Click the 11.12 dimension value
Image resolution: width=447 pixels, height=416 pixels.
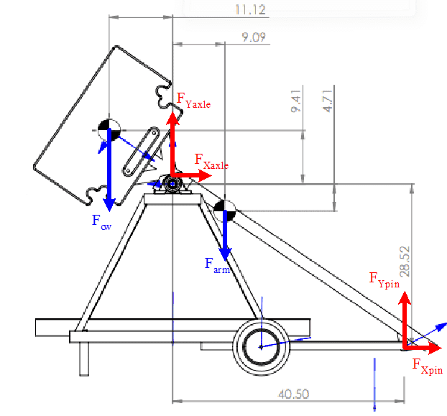coord(250,9)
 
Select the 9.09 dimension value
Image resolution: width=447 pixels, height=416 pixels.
coord(254,37)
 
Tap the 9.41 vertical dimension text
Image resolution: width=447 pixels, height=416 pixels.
coord(295,101)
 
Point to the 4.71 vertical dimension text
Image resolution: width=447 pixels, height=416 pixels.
coord(328,101)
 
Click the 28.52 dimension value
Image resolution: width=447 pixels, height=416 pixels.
coord(405,262)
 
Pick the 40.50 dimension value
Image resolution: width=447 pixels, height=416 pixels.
coord(293,394)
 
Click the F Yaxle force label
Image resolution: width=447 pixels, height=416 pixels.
coord(193,101)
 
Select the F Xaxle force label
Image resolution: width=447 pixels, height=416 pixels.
coord(211,162)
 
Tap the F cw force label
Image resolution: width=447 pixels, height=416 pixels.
coord(101,222)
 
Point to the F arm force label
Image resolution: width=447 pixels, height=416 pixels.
coord(217,266)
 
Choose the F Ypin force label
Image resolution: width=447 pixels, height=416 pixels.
coord(384,280)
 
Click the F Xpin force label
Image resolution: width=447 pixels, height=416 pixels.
coord(428,366)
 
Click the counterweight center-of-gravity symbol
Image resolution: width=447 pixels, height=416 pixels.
coord(109,130)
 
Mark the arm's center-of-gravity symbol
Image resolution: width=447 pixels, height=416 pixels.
coord(225,211)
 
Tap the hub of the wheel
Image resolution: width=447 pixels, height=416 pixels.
coord(261,347)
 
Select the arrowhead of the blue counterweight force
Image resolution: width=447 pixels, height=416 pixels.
coord(109,205)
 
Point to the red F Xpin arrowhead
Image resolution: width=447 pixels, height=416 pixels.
coord(435,348)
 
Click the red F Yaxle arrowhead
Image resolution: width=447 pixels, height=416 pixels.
coord(172,118)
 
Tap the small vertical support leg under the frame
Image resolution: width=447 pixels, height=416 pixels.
coord(84,359)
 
